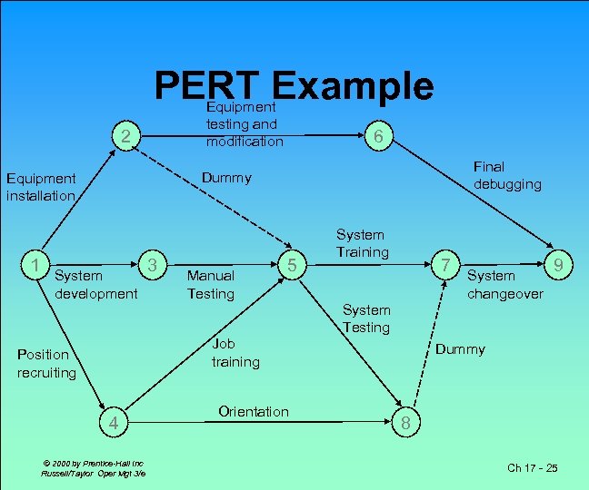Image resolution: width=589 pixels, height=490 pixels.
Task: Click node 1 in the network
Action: (34, 265)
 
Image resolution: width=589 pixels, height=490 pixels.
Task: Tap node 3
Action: (154, 264)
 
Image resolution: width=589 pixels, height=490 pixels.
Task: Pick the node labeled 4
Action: (113, 422)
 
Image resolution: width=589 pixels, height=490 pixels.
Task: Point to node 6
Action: (378, 136)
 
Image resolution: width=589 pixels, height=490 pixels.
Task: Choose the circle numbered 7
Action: (444, 265)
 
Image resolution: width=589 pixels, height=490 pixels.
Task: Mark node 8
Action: (405, 422)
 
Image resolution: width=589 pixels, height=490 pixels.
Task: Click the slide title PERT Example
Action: (294, 86)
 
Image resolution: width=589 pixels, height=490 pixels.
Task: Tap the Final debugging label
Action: (506, 175)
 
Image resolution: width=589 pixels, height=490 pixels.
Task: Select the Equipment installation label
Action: (41, 187)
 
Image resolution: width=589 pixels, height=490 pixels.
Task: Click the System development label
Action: (95, 284)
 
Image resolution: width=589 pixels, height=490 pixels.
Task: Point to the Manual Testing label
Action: (211, 284)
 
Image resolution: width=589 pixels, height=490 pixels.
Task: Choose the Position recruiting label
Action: (47, 363)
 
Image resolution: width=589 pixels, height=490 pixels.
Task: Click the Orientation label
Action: (254, 411)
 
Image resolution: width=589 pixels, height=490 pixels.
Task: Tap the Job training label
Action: (235, 352)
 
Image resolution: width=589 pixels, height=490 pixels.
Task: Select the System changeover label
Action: (504, 284)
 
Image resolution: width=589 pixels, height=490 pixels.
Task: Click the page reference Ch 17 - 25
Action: (532, 467)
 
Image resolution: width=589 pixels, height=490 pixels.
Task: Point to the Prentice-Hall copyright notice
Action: (92, 468)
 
